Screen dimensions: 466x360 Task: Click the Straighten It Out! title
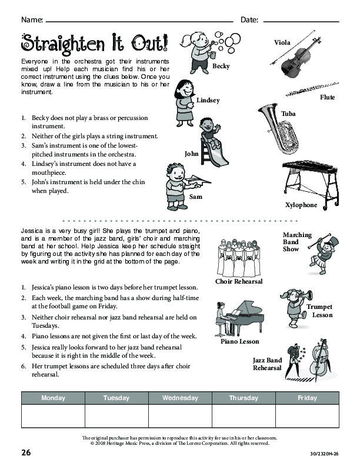point(94,42)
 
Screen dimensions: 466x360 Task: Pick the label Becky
point(221,66)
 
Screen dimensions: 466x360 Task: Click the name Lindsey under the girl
point(208,100)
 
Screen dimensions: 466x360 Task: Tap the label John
point(192,154)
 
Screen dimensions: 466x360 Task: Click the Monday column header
point(53,398)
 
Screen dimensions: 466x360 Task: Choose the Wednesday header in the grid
point(180,398)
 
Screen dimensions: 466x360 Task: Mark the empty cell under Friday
point(307,416)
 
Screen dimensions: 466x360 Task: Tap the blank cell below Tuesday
point(116,416)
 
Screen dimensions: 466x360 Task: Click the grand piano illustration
point(239,318)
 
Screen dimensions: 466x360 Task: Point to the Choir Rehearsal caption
point(239,281)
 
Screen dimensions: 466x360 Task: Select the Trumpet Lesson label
point(319,311)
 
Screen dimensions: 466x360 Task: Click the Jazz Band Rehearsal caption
point(268,364)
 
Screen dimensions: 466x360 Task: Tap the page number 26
point(26,452)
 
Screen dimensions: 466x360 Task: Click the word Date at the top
point(249,20)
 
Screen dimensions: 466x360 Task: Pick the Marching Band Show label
point(297,242)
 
